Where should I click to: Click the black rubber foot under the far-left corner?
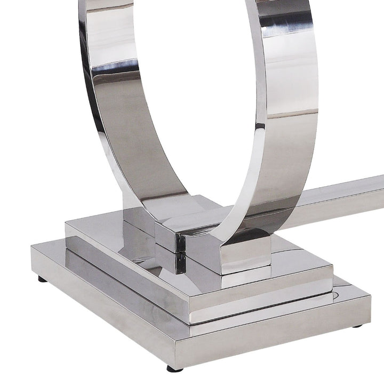pos(42,279)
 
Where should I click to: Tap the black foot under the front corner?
pos(174,368)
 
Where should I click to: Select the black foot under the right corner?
pos(357,325)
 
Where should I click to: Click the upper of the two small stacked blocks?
pos(170,238)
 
